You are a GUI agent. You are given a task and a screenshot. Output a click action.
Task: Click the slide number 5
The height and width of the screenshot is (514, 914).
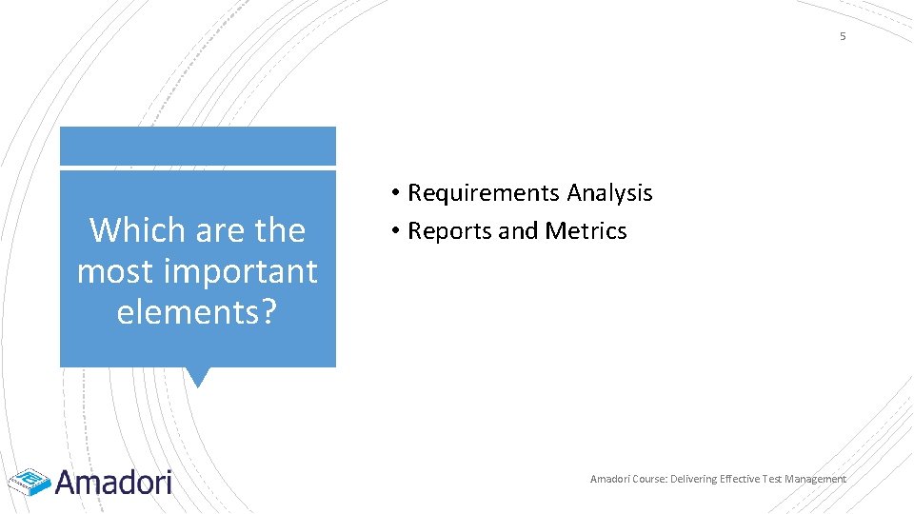coord(842,36)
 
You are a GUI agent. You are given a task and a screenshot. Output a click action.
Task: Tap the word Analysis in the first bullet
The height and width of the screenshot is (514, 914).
coord(610,193)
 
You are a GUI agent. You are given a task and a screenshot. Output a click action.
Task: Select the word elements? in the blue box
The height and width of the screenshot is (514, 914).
coord(197,312)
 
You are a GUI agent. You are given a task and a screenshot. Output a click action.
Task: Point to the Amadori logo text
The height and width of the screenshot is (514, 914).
coord(113,482)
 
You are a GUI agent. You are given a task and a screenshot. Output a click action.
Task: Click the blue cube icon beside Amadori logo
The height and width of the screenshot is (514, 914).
coord(30,482)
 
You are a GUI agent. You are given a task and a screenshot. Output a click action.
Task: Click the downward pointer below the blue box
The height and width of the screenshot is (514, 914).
coord(197,377)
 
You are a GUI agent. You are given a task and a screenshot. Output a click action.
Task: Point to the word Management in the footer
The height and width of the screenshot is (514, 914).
coord(815,479)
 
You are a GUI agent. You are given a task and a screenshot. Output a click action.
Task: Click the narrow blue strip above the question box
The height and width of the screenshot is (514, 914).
coord(197,147)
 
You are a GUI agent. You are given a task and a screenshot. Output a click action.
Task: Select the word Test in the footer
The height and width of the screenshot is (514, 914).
coord(773,479)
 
